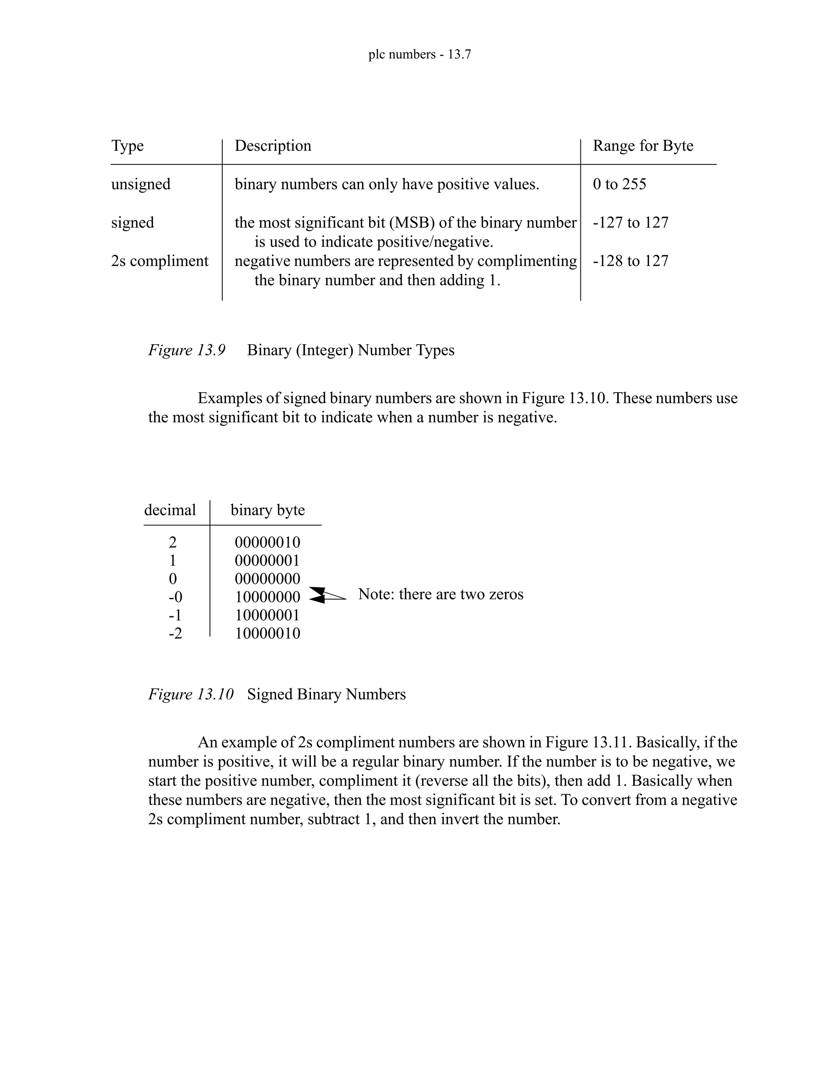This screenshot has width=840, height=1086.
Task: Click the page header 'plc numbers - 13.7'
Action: pos(420,54)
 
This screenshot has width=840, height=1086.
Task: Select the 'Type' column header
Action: pos(128,146)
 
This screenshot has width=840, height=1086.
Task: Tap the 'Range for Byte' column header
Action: pos(643,146)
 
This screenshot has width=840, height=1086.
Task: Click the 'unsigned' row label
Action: pos(141,184)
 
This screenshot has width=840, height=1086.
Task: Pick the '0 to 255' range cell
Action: pos(620,184)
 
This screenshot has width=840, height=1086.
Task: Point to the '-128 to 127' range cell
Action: pos(630,261)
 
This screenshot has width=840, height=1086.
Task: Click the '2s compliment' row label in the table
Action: pos(160,261)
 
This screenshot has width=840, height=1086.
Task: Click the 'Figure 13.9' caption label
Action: pos(187,350)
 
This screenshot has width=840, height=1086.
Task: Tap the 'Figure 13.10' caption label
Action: pos(191,694)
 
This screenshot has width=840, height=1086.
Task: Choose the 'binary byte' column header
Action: pos(268,510)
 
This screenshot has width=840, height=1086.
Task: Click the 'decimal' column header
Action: pos(170,510)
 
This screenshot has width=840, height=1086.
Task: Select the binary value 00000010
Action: pos(268,543)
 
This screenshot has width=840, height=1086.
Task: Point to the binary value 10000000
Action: pos(268,597)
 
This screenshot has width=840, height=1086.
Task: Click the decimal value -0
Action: pos(175,597)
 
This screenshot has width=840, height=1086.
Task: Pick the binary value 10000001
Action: pos(268,616)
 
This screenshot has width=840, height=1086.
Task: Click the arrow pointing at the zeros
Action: pos(326,595)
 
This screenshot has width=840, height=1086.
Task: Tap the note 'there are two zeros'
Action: pos(441,594)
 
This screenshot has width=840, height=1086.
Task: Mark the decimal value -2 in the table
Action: pos(175,634)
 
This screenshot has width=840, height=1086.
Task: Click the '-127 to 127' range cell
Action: pos(630,223)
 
